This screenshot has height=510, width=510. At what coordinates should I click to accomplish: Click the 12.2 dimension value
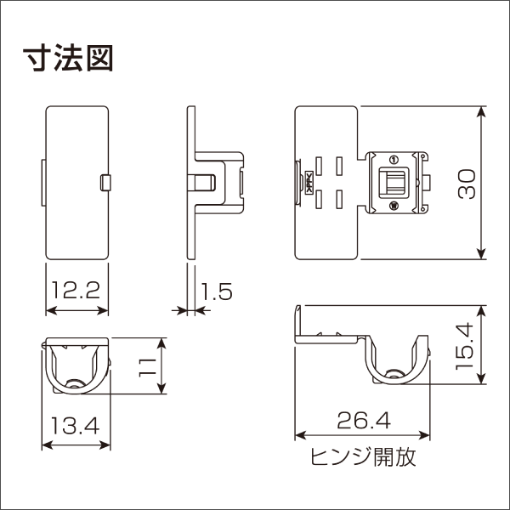77,292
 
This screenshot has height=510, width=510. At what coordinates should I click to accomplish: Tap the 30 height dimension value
464,182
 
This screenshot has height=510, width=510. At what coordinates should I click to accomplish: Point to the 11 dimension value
147,366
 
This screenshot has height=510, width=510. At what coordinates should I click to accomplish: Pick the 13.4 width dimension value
77,424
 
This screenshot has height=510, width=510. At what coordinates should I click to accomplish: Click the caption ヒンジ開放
363,459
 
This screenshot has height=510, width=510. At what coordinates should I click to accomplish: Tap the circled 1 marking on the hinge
393,160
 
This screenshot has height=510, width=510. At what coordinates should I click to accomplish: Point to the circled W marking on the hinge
393,206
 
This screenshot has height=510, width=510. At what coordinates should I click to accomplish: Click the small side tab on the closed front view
105,182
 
